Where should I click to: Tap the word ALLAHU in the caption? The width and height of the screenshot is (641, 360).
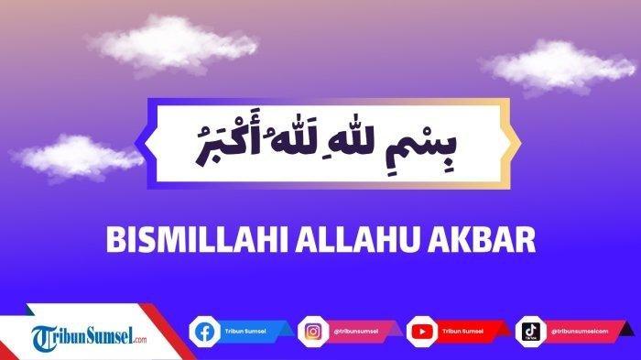(x=335, y=237)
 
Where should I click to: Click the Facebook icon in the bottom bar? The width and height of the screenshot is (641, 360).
(x=203, y=331)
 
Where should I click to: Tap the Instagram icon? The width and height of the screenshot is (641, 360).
(x=311, y=331)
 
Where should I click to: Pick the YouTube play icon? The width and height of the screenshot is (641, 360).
(x=421, y=331)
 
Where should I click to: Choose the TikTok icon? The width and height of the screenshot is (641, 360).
(x=529, y=331)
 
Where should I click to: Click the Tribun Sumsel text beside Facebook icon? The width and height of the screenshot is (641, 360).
(x=240, y=331)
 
